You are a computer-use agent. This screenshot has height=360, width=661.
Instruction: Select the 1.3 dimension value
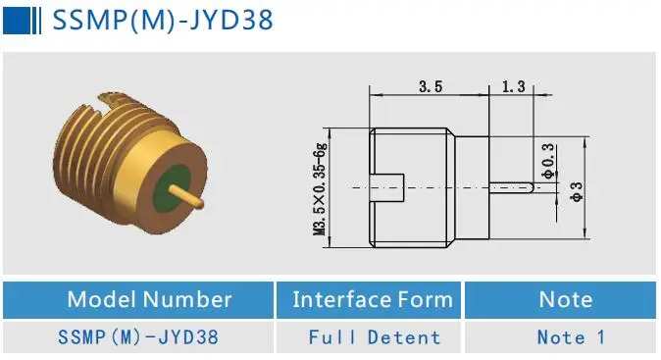513,87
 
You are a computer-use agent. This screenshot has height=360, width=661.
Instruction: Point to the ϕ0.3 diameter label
547,159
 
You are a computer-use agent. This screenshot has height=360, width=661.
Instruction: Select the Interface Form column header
372,300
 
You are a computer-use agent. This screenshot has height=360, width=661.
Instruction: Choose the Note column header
565,300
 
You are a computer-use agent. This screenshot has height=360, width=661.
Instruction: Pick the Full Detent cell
374,337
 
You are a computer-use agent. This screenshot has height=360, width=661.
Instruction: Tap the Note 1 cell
571,337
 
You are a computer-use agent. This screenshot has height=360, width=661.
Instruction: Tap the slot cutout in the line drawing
388,185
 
